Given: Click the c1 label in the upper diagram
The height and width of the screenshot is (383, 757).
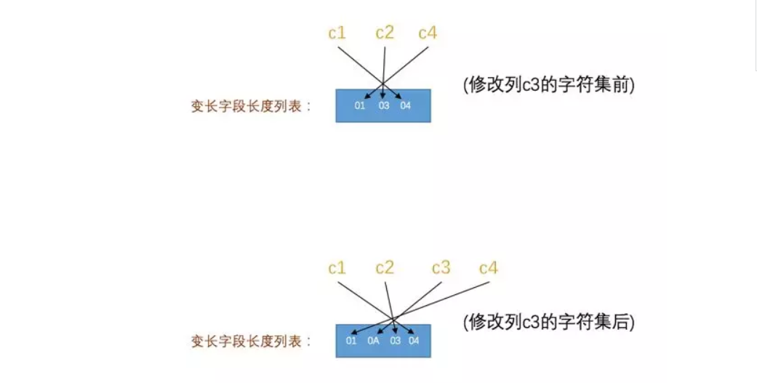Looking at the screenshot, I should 337,33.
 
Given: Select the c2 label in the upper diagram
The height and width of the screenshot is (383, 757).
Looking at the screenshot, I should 385,33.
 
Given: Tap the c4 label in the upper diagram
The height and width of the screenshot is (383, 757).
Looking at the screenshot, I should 428,33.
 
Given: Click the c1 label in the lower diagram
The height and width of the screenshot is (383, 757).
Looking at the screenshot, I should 337,268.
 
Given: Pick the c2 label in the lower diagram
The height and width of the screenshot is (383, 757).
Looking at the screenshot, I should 385,268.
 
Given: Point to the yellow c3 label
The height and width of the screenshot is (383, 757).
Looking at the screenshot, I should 441,268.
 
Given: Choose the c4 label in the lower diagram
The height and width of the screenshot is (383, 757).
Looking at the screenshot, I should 489,268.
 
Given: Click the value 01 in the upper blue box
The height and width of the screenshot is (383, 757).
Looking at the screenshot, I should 360,106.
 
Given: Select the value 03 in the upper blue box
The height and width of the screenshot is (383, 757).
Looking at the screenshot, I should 384,106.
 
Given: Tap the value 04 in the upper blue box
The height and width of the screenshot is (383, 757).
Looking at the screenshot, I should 406,106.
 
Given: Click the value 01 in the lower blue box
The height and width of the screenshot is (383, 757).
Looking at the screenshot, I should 351,341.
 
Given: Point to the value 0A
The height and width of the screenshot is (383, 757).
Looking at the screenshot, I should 374,341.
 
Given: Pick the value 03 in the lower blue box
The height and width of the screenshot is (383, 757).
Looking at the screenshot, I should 396,341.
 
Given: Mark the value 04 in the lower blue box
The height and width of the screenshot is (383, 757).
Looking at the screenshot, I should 414,341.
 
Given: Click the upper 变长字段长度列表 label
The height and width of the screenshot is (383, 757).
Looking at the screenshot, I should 251,106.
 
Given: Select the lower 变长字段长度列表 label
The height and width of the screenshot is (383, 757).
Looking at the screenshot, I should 251,341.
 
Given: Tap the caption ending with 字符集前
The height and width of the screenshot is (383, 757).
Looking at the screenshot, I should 549,84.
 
